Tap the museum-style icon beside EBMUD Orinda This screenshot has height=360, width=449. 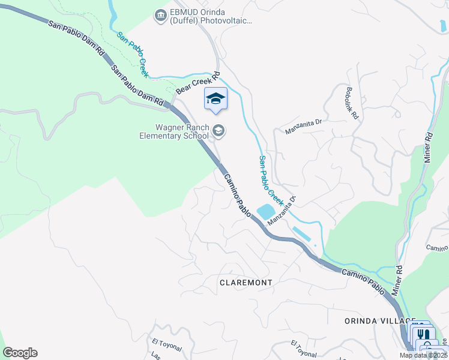(x=160, y=15)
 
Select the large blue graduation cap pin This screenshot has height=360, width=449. (x=215, y=99)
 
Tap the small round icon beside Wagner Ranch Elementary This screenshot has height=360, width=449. (x=218, y=131)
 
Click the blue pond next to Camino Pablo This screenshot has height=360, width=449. (x=265, y=212)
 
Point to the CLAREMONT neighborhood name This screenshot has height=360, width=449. (x=246, y=282)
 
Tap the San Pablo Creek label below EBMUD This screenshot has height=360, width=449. (x=133, y=55)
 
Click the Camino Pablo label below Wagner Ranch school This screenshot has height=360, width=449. (x=238, y=196)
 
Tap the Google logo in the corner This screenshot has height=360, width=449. (x=20, y=353)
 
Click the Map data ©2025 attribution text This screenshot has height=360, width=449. (x=424, y=355)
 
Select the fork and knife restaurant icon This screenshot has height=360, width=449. (x=423, y=334)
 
